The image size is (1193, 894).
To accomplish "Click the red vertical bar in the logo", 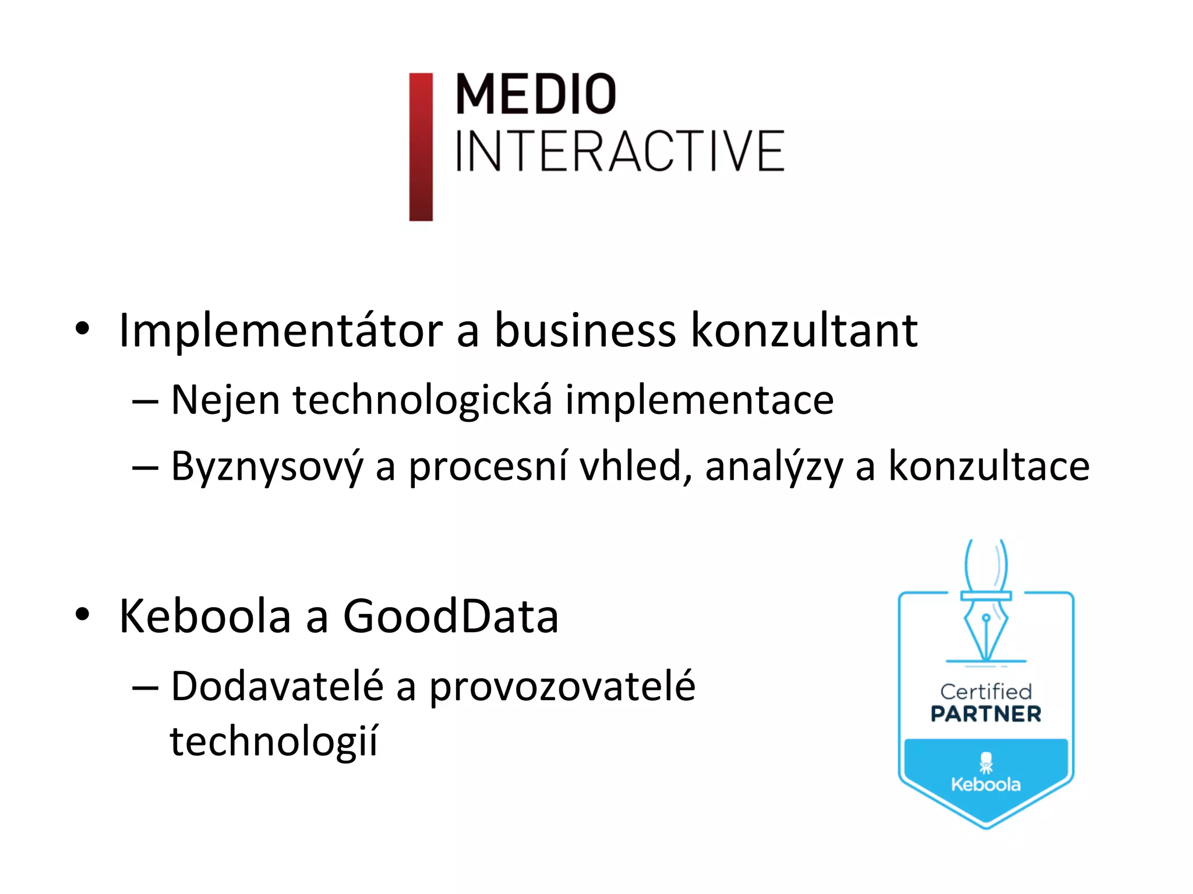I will [421, 147].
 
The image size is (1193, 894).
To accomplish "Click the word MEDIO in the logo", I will [535, 94].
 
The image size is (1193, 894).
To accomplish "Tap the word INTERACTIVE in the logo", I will [620, 151].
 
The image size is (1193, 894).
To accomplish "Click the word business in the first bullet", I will [585, 331].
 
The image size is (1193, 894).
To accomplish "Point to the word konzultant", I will [804, 331].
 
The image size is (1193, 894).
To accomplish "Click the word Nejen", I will [225, 400].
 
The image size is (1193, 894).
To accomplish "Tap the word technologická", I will [422, 400].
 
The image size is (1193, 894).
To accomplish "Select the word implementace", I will [700, 400].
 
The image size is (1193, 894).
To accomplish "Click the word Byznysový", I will [267, 467].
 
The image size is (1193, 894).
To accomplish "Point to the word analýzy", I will [774, 467].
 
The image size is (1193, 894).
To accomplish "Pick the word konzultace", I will [989, 467].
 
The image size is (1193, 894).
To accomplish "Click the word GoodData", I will [451, 616].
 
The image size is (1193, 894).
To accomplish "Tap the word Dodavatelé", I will [277, 686].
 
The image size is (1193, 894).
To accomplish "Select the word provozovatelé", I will [562, 687].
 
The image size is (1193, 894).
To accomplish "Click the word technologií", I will [274, 742].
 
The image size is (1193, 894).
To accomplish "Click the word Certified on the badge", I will [986, 691].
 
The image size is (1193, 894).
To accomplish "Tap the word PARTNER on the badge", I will [986, 714].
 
